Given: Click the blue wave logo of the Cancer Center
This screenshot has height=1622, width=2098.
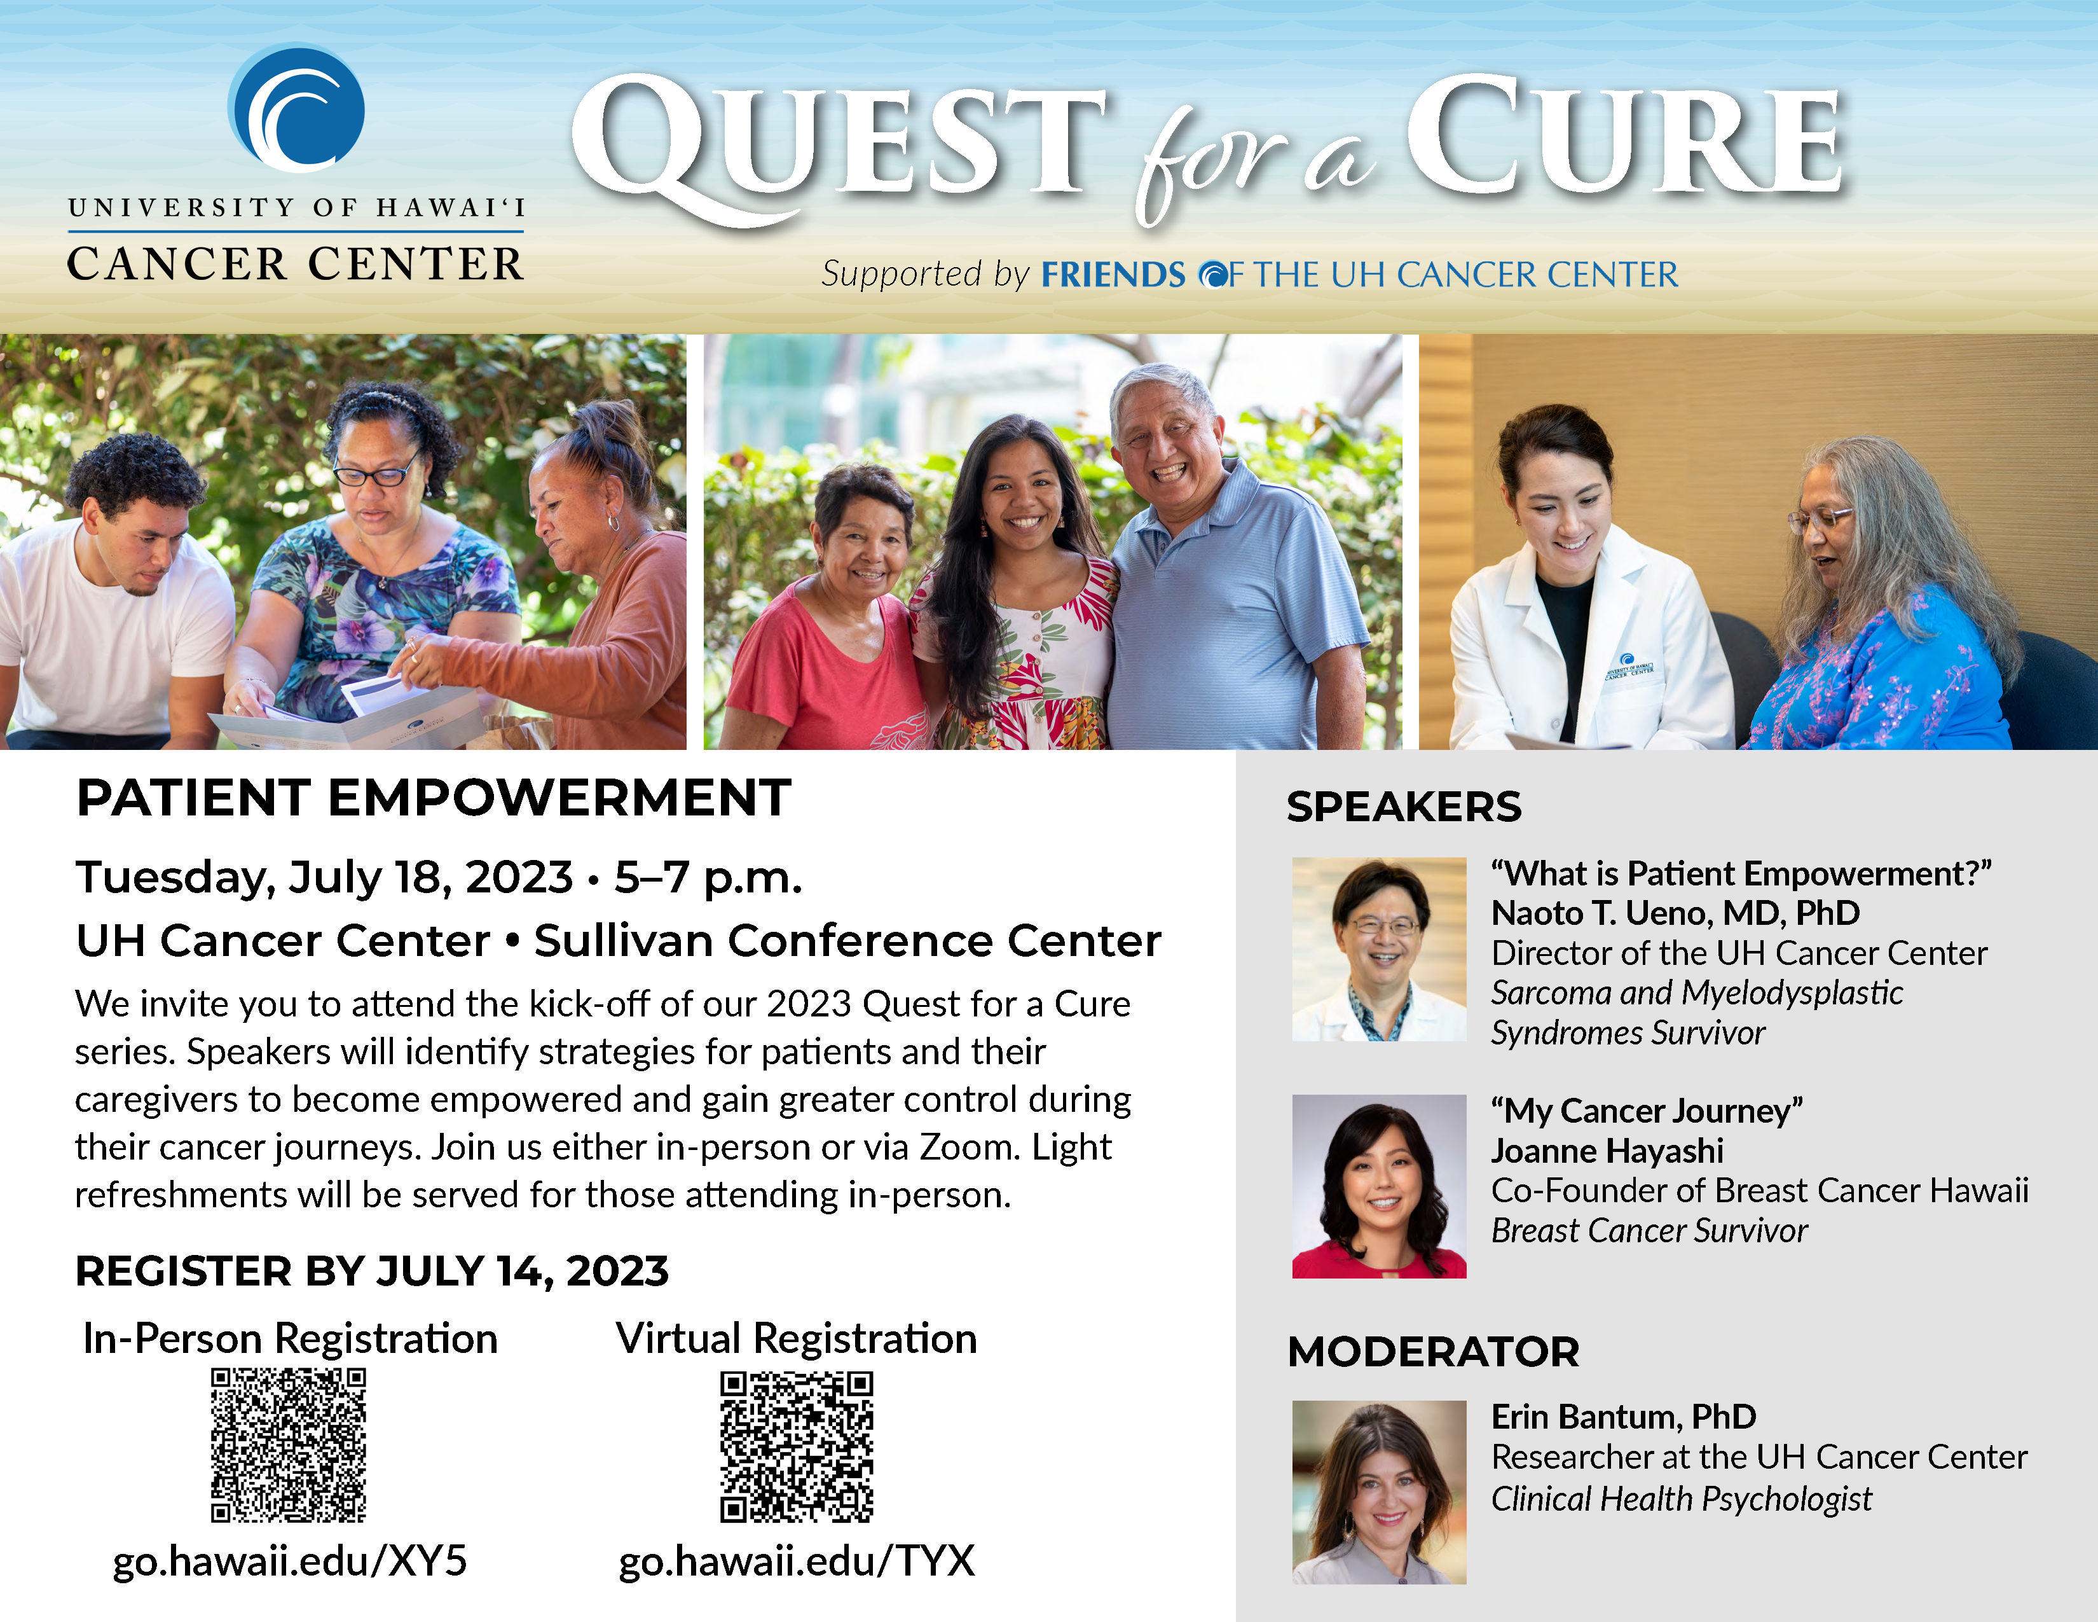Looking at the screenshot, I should (x=297, y=107).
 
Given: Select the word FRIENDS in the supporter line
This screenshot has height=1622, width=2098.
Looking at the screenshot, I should (x=1113, y=275).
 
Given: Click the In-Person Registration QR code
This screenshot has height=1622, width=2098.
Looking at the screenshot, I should (x=288, y=1445).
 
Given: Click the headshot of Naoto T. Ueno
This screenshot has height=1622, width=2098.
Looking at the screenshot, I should (x=1378, y=950).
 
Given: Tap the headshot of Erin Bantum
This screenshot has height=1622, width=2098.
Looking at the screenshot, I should (x=1378, y=1492).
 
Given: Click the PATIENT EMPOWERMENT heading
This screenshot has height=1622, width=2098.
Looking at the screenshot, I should (x=433, y=798).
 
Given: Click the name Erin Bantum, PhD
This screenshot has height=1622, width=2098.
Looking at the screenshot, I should (x=1622, y=1417).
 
